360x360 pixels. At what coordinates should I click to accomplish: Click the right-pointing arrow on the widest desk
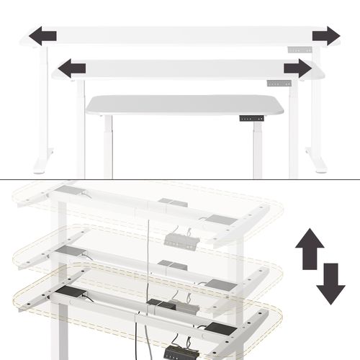pyautogui.click(x=325, y=35)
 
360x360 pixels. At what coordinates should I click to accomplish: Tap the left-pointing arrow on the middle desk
pyautogui.click(x=71, y=68)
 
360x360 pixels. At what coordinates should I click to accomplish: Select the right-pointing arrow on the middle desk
pyautogui.click(x=297, y=68)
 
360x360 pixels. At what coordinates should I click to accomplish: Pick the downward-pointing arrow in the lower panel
pyautogui.click(x=330, y=283)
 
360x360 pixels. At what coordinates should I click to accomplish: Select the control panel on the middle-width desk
pyautogui.click(x=284, y=83)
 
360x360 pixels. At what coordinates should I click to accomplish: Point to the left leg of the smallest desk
pyautogui.click(x=108, y=148)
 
